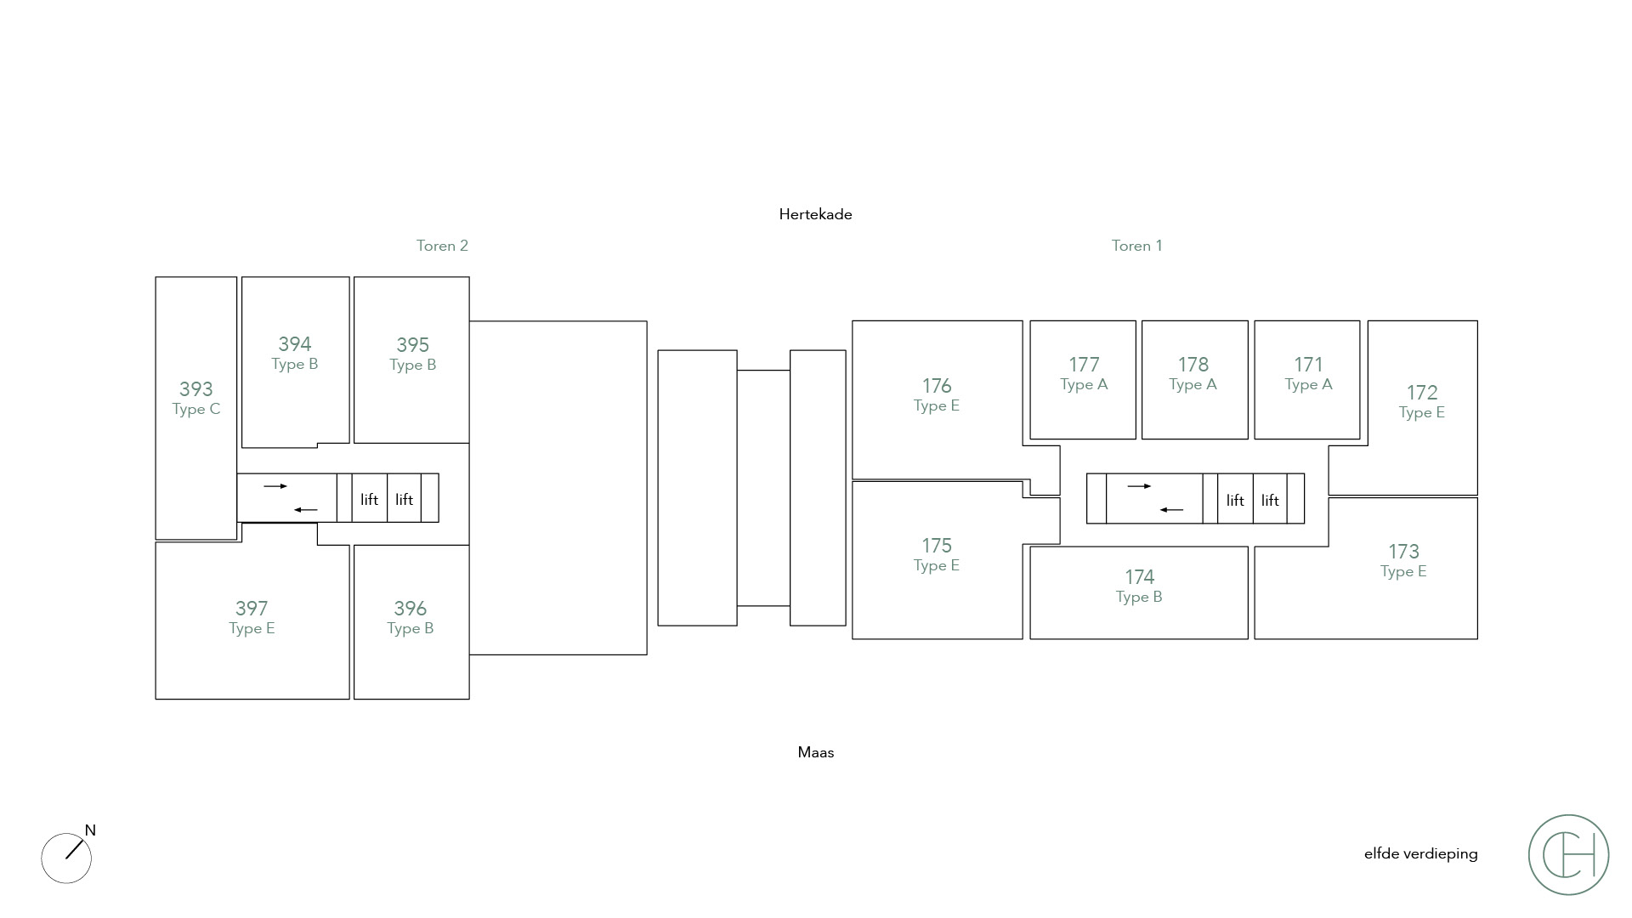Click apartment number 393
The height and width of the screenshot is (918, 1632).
(x=195, y=389)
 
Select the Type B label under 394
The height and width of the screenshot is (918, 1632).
(x=294, y=365)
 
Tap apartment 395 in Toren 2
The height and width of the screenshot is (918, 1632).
(x=412, y=345)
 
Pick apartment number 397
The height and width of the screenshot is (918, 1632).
(x=252, y=609)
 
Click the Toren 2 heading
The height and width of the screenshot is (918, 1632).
(x=442, y=246)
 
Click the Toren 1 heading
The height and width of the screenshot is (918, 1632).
(x=1136, y=246)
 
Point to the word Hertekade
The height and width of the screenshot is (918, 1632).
(x=815, y=214)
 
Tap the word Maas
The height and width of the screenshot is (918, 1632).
(x=816, y=752)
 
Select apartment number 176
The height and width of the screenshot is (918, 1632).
(x=937, y=386)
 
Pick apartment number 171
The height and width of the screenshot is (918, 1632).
(x=1308, y=365)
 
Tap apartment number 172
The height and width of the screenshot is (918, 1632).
(x=1421, y=393)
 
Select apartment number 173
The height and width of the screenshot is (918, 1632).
(x=1403, y=552)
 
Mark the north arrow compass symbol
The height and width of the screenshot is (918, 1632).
(x=66, y=857)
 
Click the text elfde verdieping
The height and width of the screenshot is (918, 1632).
(x=1420, y=854)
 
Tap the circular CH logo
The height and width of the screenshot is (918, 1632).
(x=1568, y=855)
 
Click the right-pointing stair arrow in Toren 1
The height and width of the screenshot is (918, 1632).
(x=1139, y=486)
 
